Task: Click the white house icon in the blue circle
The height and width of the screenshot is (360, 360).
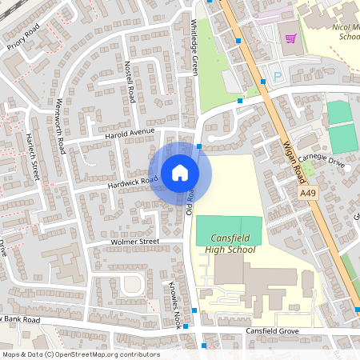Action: point(180,173)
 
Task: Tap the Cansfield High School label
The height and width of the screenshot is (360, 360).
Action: point(233,244)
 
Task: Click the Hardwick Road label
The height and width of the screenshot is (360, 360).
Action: point(132,182)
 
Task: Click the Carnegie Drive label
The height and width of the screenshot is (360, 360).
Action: point(324,163)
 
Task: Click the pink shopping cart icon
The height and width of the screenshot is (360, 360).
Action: point(290,38)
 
